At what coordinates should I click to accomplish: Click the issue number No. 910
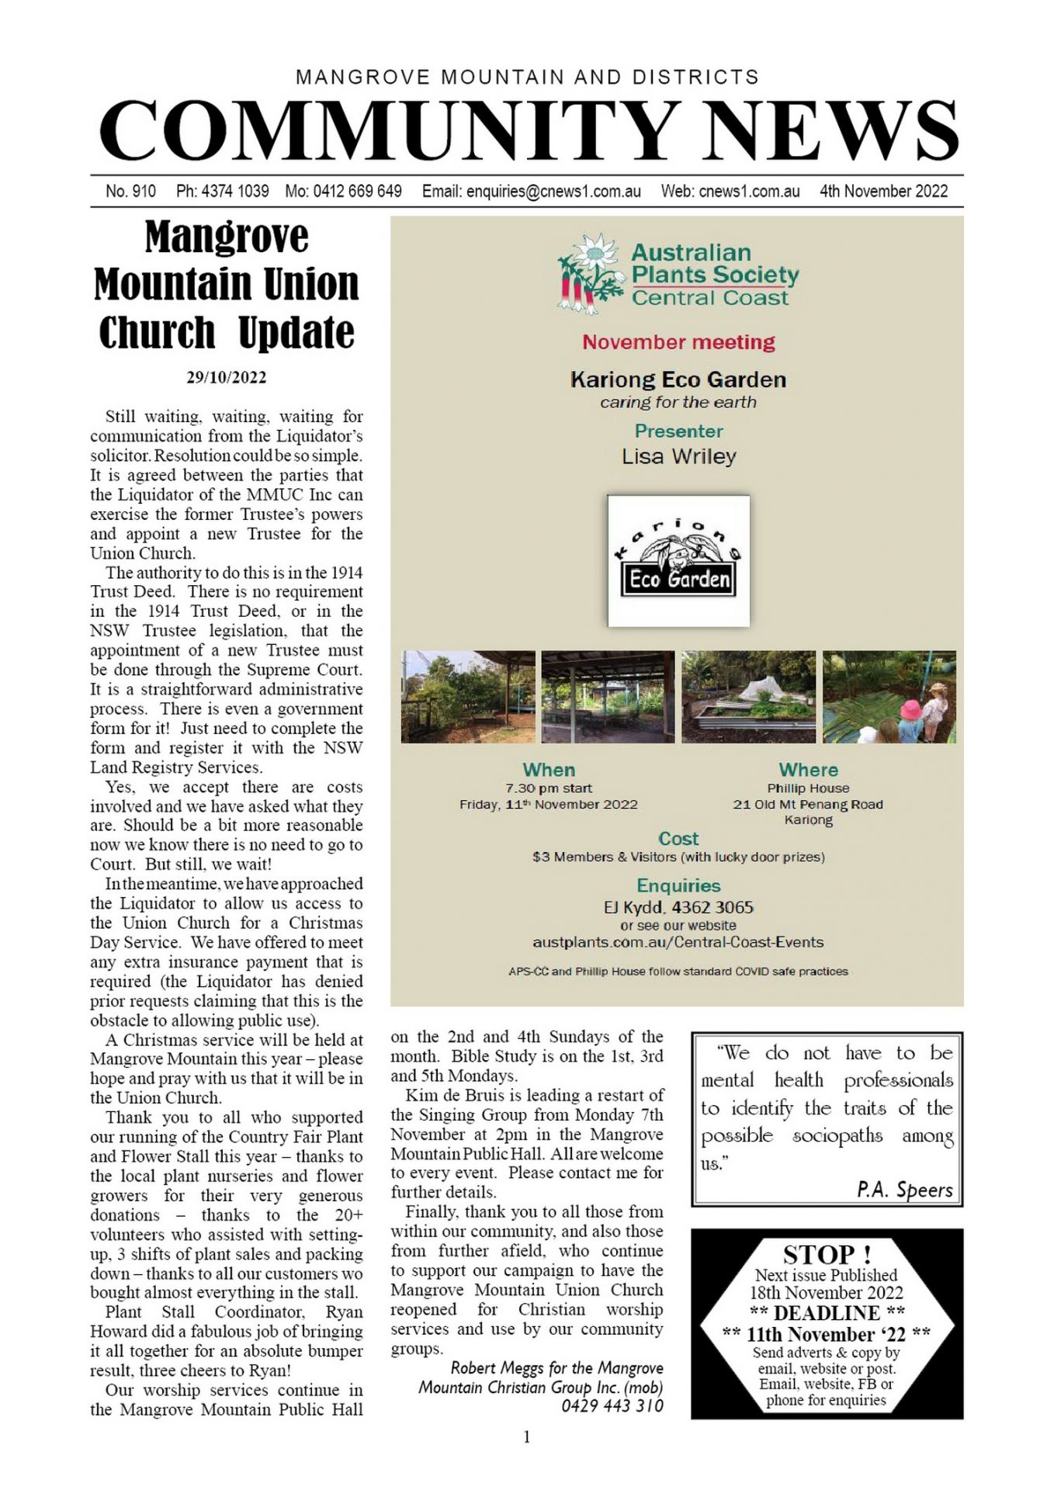(x=130, y=191)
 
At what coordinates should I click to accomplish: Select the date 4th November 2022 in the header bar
(x=883, y=191)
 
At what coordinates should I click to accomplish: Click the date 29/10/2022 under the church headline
(x=226, y=378)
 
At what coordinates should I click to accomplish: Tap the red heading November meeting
(x=678, y=342)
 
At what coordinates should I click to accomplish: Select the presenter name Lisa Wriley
(x=678, y=456)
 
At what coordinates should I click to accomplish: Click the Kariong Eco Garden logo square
(x=678, y=560)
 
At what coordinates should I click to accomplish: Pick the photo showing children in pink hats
(x=889, y=697)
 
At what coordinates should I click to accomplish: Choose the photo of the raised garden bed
(x=748, y=697)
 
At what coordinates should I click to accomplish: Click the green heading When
(x=549, y=770)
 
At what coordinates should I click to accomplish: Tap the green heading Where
(x=808, y=770)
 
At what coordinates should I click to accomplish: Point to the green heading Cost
(x=678, y=839)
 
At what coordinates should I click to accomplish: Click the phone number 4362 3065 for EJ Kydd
(x=712, y=907)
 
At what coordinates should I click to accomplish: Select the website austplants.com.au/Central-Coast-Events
(x=678, y=942)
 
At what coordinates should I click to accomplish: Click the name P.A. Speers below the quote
(x=904, y=1190)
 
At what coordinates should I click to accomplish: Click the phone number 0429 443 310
(x=612, y=1405)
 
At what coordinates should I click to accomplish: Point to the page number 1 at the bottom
(x=527, y=1437)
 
